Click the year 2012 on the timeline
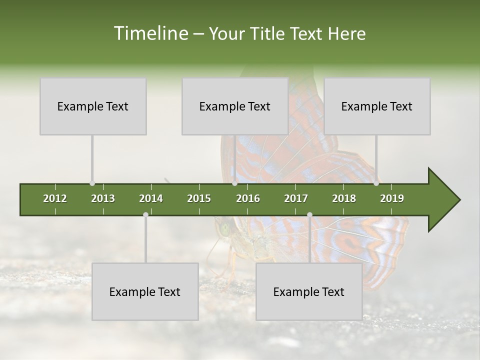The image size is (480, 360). coord(55,198)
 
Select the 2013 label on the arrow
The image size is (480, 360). coord(103,198)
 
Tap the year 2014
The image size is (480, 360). coord(151,198)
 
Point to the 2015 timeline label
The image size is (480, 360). coord(199,198)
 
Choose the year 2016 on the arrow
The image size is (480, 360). coord(248,198)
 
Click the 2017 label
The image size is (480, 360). coord(296,198)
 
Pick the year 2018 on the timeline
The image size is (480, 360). coord(344,198)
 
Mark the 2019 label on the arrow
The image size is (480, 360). coord(392,198)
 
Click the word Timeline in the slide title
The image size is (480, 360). coord(150,33)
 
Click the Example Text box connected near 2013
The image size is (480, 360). coord(93,106)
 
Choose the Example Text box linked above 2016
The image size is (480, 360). coord(235,106)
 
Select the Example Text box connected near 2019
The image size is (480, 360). coord(377,106)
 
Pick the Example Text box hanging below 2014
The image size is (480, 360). coord(145,291)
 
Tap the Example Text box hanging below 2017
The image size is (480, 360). coord(309,291)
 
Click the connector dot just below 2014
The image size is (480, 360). coord(145,214)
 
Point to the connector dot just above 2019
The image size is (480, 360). coord(376,183)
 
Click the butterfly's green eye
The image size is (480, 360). coord(225,230)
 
